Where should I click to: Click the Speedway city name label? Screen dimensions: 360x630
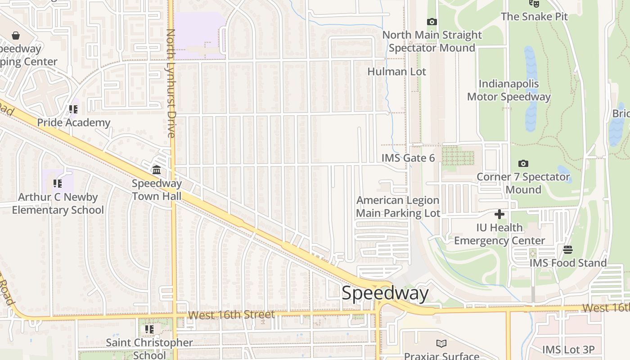[385, 293]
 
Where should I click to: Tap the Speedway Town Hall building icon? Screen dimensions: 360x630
[157, 170]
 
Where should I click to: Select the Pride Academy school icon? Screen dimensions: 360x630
[73, 109]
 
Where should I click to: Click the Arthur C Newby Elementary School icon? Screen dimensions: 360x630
[57, 184]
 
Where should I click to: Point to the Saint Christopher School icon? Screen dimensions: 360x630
[149, 329]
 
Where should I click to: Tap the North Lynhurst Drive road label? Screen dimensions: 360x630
[171, 83]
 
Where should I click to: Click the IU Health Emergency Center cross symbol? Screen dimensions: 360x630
[499, 214]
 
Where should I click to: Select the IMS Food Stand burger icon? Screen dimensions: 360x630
[568, 250]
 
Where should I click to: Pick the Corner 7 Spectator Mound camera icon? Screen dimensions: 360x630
[523, 164]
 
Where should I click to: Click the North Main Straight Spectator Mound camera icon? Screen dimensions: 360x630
[432, 22]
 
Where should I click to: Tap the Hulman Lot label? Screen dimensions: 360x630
[396, 72]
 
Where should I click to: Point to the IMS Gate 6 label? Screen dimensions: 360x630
[408, 158]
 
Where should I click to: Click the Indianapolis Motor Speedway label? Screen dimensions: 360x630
[508, 90]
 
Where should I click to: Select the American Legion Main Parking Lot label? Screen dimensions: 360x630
[398, 207]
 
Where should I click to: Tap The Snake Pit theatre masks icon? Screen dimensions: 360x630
[534, 4]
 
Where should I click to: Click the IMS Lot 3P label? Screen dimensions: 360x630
[568, 350]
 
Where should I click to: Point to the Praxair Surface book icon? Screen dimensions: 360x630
[441, 344]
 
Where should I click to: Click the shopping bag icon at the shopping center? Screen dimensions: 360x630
[16, 35]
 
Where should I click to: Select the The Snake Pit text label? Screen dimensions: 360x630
[534, 17]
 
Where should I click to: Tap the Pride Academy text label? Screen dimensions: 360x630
[73, 122]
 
